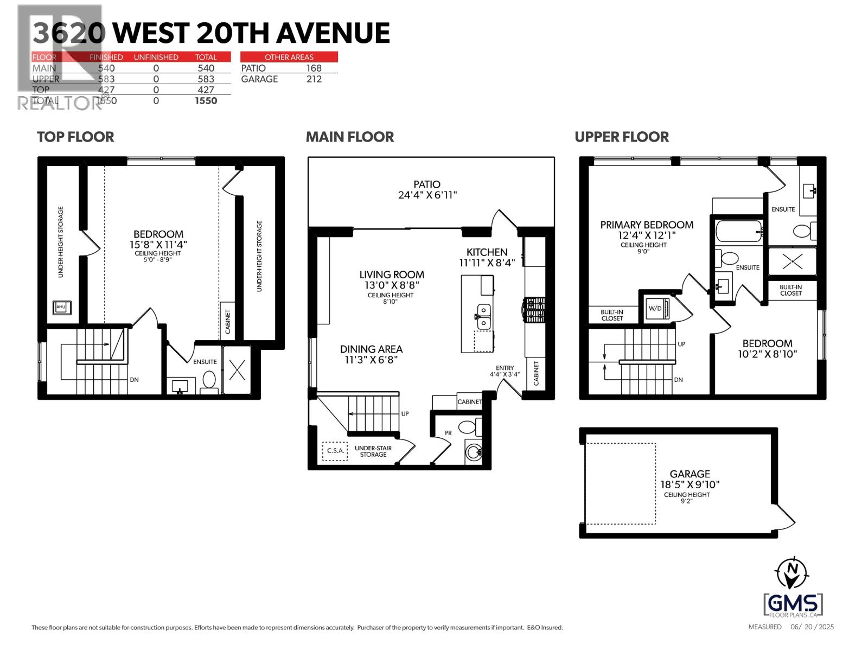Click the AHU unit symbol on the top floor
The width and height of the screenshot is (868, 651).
pyautogui.click(x=60, y=308)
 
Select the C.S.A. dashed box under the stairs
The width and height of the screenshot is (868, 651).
pyautogui.click(x=335, y=450)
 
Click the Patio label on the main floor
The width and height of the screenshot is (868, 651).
pyautogui.click(x=426, y=184)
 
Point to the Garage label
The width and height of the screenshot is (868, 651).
pyautogui.click(x=690, y=474)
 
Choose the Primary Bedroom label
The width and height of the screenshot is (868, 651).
pyautogui.click(x=647, y=225)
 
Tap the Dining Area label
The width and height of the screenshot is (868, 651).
pyautogui.click(x=371, y=349)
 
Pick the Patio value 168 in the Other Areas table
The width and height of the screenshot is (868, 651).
pyautogui.click(x=314, y=68)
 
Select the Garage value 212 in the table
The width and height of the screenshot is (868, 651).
pyautogui.click(x=314, y=79)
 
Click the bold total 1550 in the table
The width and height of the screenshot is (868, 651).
pyautogui.click(x=206, y=100)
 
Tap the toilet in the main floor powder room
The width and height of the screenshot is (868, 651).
pyautogui.click(x=468, y=427)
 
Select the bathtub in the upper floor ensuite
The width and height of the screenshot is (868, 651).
pyautogui.click(x=738, y=232)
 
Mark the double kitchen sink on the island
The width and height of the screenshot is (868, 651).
pyautogui.click(x=483, y=316)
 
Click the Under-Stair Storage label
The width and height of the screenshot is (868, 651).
pyautogui.click(x=373, y=451)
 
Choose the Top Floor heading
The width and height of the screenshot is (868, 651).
pyautogui.click(x=75, y=137)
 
